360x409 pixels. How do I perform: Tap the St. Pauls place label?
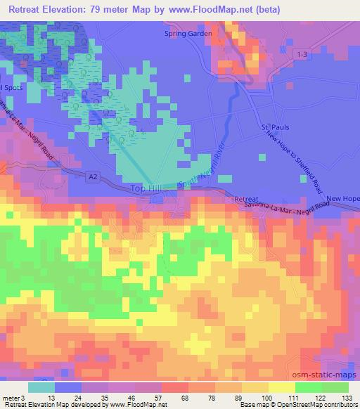(x=276, y=127)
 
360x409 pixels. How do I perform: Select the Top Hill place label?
(x=146, y=188)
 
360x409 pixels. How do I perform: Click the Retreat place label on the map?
(x=246, y=200)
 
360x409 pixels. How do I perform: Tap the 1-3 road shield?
(x=302, y=54)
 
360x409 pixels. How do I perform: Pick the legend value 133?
(x=346, y=397)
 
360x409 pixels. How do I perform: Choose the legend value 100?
(x=265, y=397)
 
